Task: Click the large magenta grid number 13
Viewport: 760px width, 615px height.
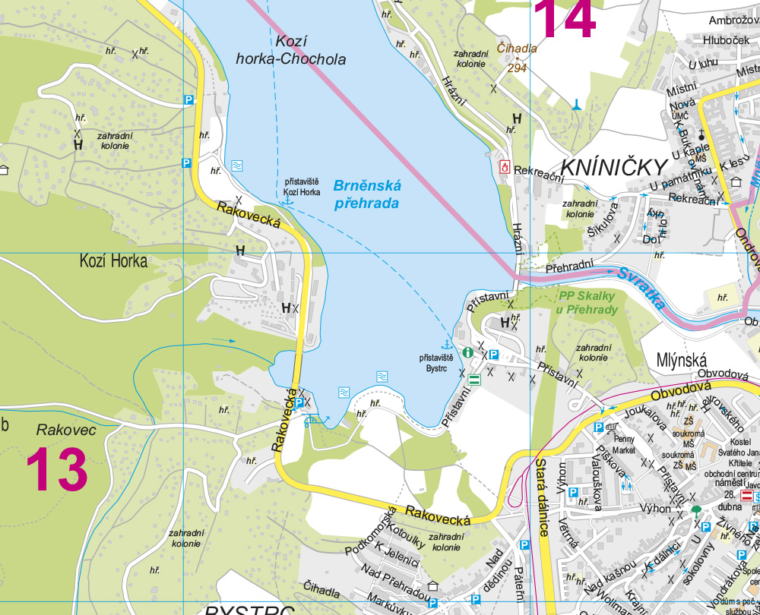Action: (x=57, y=470)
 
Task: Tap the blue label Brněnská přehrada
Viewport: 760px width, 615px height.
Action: (x=366, y=194)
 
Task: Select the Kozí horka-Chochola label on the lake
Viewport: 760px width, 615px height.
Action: (x=290, y=51)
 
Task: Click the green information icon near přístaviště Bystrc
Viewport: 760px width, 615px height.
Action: (x=468, y=352)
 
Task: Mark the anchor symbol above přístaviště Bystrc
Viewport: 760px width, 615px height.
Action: (x=447, y=345)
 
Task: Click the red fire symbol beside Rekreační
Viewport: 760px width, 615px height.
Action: (x=504, y=166)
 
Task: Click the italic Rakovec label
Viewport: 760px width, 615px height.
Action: (x=66, y=430)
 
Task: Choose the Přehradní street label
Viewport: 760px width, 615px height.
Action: (x=568, y=266)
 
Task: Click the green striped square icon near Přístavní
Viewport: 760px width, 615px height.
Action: (x=474, y=380)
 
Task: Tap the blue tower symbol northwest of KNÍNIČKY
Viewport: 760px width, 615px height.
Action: (x=578, y=104)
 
